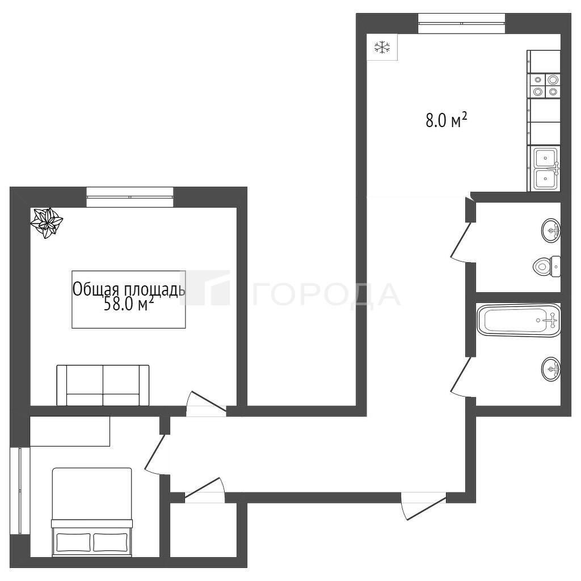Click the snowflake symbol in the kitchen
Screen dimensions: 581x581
click(x=382, y=47)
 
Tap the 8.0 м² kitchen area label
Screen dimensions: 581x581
click(x=446, y=120)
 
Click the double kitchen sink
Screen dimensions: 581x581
click(x=545, y=169)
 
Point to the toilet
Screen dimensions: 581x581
click(x=547, y=266)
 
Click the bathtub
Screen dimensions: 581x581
click(x=519, y=320)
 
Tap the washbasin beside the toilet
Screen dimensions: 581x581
click(x=551, y=230)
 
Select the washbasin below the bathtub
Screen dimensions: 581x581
click(x=551, y=369)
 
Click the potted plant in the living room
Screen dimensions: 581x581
click(x=47, y=222)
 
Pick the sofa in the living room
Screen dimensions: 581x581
click(x=103, y=385)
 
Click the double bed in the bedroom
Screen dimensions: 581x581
click(x=92, y=512)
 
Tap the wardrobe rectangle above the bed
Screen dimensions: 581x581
click(x=70, y=431)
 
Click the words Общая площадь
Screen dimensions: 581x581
click(x=129, y=290)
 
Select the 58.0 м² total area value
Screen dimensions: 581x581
click(x=129, y=305)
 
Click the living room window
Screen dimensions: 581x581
click(x=130, y=197)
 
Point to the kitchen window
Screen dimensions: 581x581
click(x=461, y=23)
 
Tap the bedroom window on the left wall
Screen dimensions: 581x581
click(x=20, y=491)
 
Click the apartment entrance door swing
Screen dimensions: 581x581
click(x=424, y=506)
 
